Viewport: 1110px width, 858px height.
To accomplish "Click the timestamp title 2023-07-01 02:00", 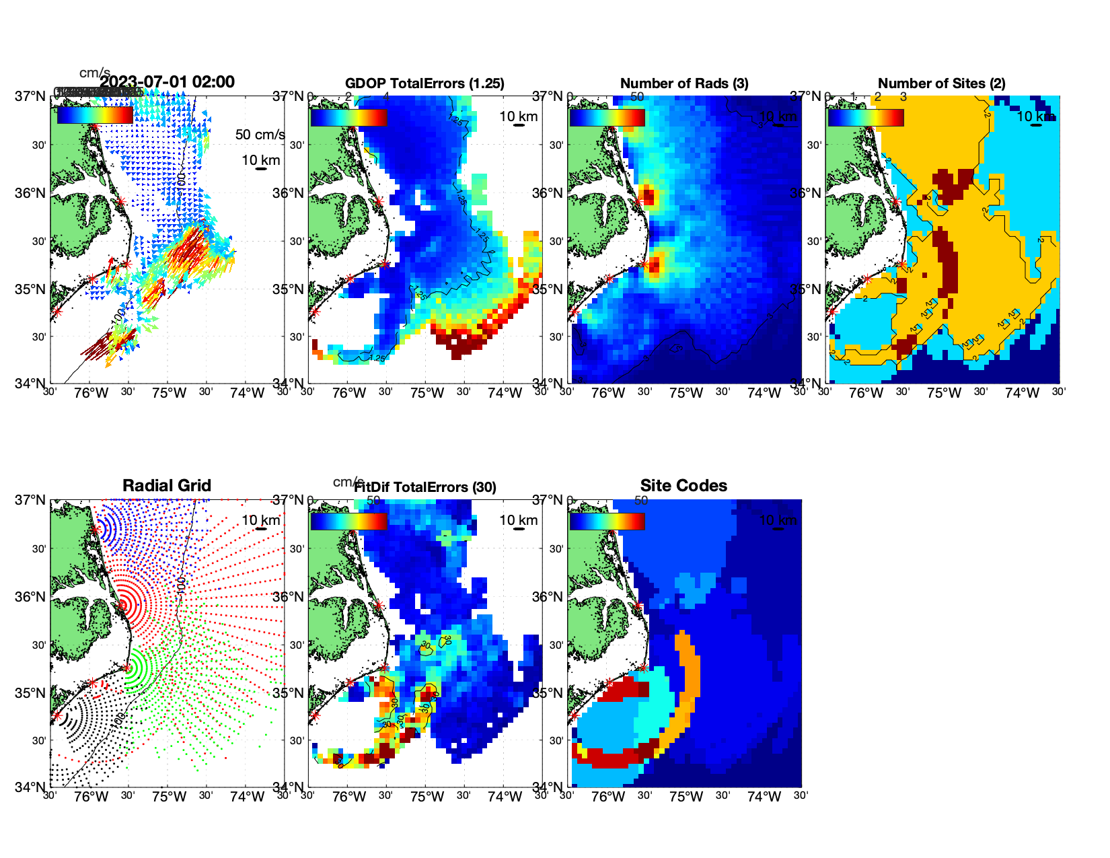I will pos(168,82).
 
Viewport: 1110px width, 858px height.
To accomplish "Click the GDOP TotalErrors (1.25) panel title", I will pos(424,83).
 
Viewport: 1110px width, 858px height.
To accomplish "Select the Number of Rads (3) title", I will pos(683,83).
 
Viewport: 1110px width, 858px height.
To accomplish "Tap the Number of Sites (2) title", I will pos(941,83).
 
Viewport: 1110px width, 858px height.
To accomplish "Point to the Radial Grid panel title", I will pos(167,486).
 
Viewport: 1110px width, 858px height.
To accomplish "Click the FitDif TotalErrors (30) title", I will pos(425,487).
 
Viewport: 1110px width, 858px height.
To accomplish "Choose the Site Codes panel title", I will pos(683,486).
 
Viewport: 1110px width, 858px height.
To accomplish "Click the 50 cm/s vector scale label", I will pos(260,135).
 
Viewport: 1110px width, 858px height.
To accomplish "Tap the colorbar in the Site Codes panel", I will pos(607,522).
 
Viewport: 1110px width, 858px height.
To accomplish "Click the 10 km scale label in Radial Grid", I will pos(260,520).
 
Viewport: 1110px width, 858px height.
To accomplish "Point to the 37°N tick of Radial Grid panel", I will pos(31,500).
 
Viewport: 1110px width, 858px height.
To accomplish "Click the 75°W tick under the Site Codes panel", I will pos(686,797).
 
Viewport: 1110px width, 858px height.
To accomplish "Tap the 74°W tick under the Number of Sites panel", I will pos(1022,393).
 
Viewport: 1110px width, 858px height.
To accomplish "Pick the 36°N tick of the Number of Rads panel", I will pos(548,193).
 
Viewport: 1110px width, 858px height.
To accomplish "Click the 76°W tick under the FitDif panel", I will pos(350,797).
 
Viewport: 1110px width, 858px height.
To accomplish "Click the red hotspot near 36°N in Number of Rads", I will pos(648,196).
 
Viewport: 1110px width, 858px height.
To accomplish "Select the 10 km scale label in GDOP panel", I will pos(518,116).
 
